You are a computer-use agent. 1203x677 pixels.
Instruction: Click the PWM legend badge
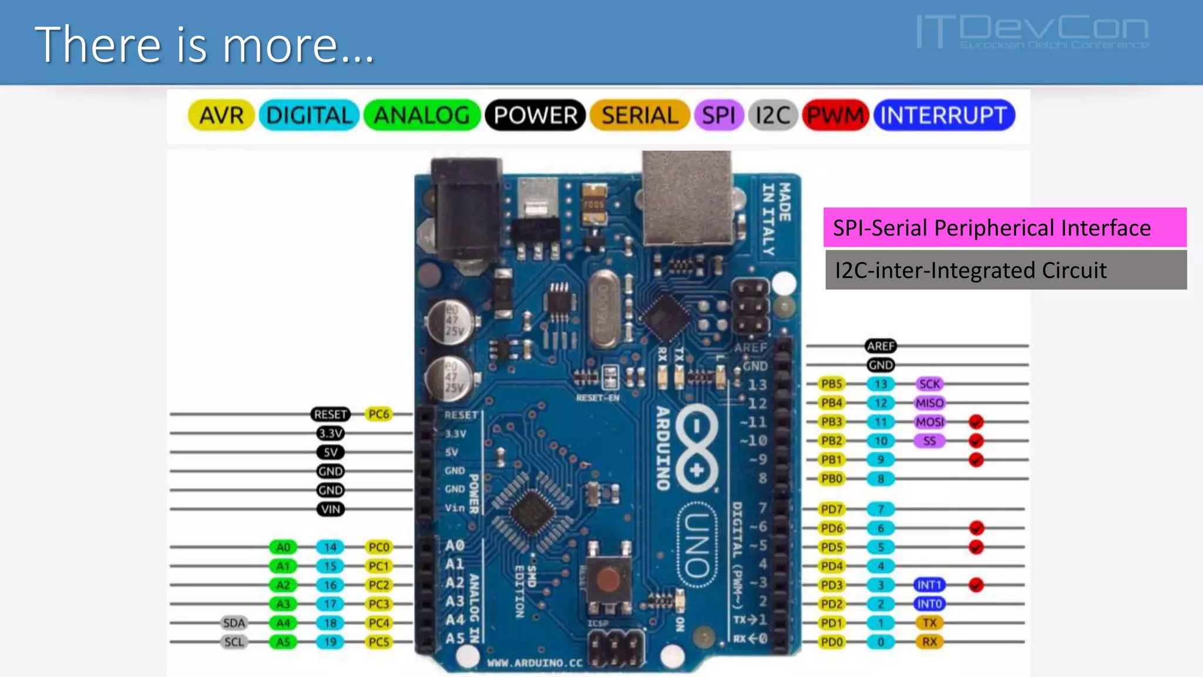835,115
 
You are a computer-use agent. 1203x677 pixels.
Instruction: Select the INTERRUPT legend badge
944,115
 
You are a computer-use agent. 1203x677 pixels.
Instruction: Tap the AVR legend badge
221,115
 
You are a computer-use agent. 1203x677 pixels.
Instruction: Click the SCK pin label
929,384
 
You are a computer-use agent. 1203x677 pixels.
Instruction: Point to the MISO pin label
929,403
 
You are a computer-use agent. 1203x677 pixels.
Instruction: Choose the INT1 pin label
929,585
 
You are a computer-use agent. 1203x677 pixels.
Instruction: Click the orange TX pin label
929,623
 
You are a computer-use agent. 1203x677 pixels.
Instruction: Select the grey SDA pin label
234,623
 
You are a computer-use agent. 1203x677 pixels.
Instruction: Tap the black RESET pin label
330,414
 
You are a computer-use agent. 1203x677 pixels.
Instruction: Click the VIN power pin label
330,510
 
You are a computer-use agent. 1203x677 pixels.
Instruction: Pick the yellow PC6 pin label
379,414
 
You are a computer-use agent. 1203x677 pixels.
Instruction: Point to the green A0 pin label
283,547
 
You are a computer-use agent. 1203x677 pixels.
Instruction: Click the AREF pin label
881,346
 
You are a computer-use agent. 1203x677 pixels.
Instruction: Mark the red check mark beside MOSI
976,422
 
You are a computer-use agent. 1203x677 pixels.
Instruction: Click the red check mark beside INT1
976,585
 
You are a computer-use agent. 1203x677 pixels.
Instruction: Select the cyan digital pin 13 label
881,384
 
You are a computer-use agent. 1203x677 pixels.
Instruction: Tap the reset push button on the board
608,580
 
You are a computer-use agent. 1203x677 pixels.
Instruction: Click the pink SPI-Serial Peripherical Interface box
1004,227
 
